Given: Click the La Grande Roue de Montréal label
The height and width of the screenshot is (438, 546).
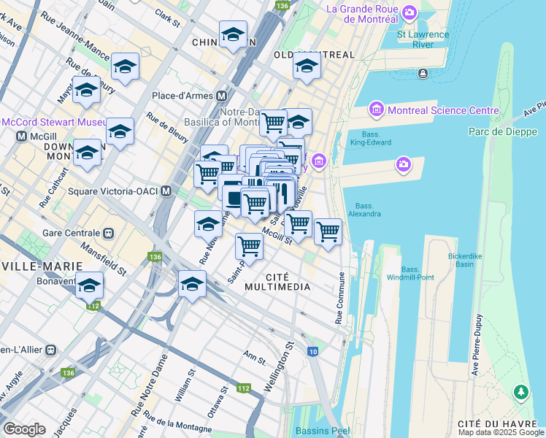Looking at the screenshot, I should tap(364, 9).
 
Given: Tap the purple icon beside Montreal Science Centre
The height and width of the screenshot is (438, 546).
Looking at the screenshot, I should tap(377, 110).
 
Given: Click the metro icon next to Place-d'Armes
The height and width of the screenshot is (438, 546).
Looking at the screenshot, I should tap(220, 96).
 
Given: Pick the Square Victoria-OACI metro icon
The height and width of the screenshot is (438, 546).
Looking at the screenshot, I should tap(166, 191).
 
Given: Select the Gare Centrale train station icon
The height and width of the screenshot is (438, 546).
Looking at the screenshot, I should tap(109, 233).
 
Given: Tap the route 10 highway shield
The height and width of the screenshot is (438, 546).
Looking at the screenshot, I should tap(312, 352).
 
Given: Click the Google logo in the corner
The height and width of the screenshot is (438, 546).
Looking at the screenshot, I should tap(24, 429).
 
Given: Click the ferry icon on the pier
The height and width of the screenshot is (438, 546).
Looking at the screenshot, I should tap(423, 74).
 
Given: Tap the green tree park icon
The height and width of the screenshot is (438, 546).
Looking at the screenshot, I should tap(521, 393).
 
